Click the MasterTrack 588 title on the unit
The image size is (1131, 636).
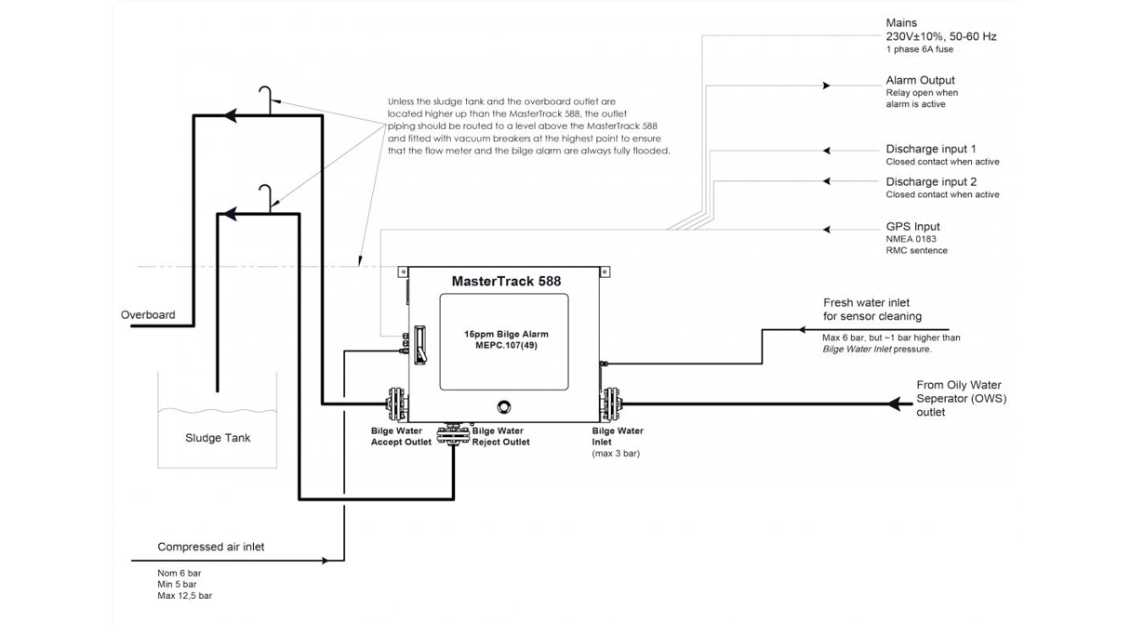(505, 279)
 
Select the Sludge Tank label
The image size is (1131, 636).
(218, 438)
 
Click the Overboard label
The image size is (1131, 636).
(148, 315)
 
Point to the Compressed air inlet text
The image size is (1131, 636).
(210, 547)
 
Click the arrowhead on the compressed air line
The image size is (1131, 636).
(325, 561)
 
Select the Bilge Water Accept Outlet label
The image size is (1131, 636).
(401, 436)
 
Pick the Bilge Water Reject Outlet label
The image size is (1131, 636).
(500, 436)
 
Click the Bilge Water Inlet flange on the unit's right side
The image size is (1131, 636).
(613, 404)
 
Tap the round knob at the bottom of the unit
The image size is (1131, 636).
(504, 406)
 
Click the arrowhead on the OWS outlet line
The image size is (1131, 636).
(897, 404)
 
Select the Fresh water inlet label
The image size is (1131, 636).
(866, 303)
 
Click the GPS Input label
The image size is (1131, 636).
(912, 226)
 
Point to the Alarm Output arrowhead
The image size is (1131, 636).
(825, 86)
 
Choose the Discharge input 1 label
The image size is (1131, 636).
(930, 149)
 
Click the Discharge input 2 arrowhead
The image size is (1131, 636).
(827, 181)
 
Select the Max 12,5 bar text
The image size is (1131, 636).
(184, 595)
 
